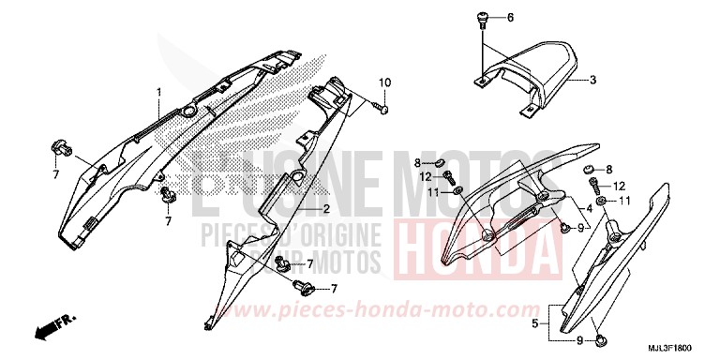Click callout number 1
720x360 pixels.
click(x=159, y=91)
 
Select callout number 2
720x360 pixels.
click(x=326, y=208)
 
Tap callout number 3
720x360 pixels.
click(x=593, y=81)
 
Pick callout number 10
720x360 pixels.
click(x=383, y=85)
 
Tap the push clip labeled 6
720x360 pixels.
click(x=482, y=19)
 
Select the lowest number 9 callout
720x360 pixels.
click(x=581, y=340)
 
